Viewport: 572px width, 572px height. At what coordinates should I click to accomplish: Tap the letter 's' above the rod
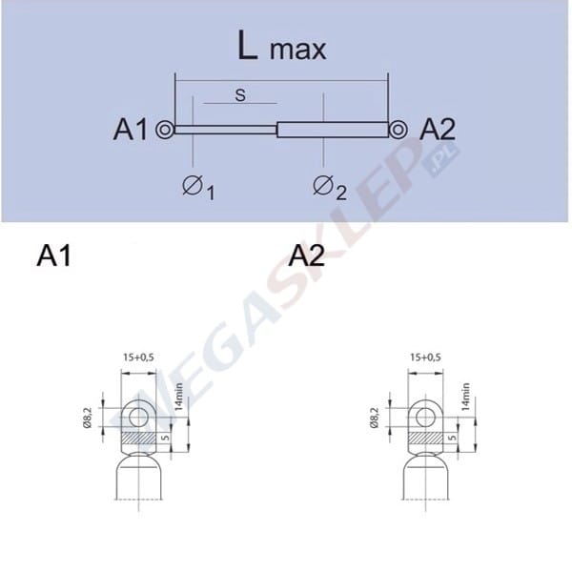[240, 95]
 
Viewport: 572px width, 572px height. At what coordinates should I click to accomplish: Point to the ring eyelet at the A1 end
[165, 130]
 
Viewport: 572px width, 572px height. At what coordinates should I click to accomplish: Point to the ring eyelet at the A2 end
[398, 130]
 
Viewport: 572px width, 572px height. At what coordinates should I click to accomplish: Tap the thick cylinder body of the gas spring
[333, 130]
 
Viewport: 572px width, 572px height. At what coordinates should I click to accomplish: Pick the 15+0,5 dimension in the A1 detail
[138, 357]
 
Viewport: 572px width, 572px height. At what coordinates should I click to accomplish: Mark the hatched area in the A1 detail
[139, 438]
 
